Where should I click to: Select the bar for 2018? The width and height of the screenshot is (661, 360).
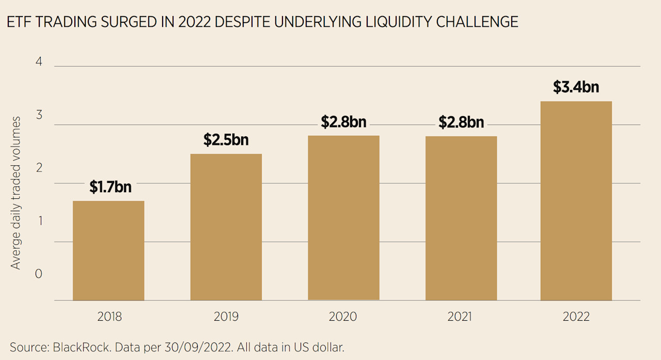[x=108, y=251]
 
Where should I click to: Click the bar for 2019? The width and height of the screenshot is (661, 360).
[x=226, y=227]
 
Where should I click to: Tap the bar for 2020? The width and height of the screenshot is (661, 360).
[x=343, y=218]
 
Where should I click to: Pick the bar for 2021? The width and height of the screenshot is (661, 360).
[x=461, y=218]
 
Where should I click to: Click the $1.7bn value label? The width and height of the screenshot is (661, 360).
[x=110, y=187]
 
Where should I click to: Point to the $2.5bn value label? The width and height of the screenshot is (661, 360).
[x=226, y=140]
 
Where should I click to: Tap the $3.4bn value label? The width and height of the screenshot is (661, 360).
[x=576, y=87]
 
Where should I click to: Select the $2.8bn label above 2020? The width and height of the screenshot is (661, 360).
[x=343, y=122]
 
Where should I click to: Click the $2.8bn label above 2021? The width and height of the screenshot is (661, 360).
[x=461, y=122]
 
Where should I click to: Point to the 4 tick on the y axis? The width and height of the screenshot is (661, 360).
[x=38, y=62]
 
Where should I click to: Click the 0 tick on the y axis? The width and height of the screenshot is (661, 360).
[x=38, y=274]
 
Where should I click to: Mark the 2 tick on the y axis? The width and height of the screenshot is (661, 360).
[x=38, y=168]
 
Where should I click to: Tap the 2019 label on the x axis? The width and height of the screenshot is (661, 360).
[x=226, y=317]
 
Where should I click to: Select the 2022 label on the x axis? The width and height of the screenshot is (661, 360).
[x=576, y=317]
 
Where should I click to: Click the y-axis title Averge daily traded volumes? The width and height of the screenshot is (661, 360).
[x=16, y=192]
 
